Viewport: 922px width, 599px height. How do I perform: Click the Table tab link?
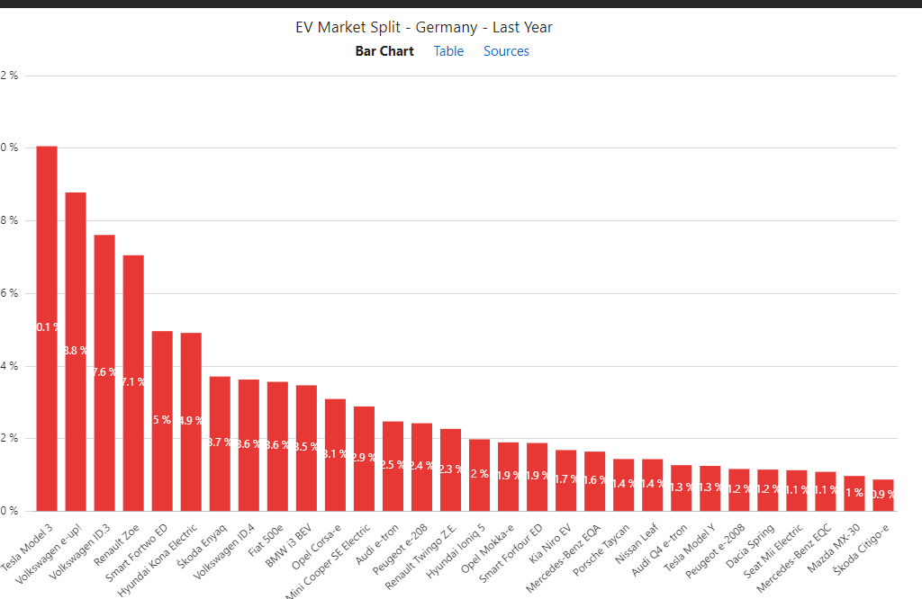pyautogui.click(x=448, y=51)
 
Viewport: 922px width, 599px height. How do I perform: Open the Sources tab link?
pyautogui.click(x=506, y=51)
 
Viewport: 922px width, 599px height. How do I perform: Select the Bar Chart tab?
pyautogui.click(x=384, y=51)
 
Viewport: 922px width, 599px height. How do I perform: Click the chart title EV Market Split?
pyautogui.click(x=424, y=27)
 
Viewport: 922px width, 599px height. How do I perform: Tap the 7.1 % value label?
pyautogui.click(x=133, y=381)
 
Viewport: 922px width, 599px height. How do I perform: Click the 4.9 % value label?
pyautogui.click(x=191, y=420)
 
